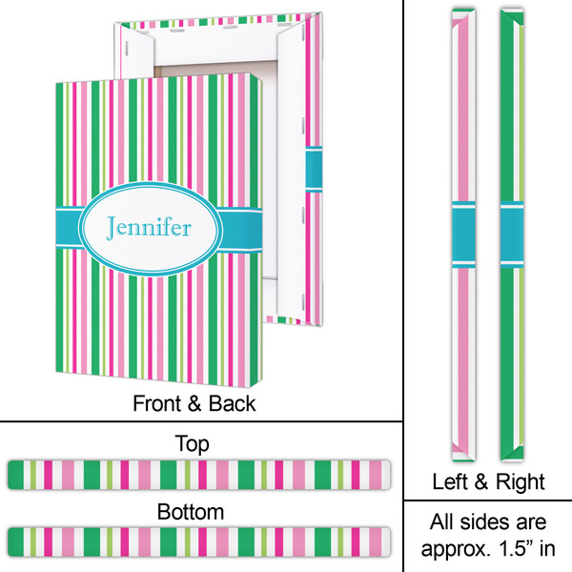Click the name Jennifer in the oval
point(149,229)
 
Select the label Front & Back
point(194,403)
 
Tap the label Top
point(193,444)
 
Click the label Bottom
point(193,512)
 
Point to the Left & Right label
point(487,480)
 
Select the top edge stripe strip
point(199,472)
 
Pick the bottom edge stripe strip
point(199,540)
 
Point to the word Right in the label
point(521,480)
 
